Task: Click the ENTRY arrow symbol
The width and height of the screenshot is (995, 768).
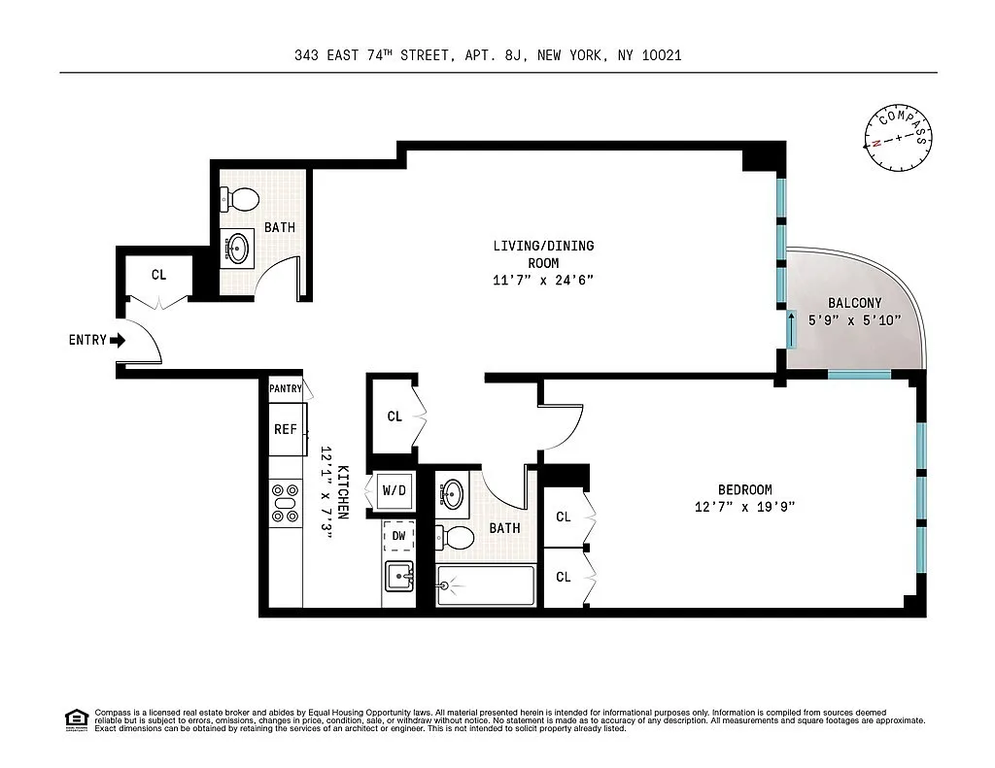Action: point(118,341)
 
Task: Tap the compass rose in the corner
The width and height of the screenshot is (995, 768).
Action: point(898,138)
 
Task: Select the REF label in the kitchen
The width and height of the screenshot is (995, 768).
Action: point(286,429)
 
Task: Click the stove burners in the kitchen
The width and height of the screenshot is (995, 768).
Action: point(285,503)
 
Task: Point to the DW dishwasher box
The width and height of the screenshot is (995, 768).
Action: point(398,536)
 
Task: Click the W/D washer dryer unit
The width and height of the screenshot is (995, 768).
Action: point(395,490)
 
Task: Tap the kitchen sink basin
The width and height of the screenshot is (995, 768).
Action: point(399,576)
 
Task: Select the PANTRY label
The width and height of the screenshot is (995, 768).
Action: point(286,388)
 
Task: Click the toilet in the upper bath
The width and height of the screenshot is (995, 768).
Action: point(240,199)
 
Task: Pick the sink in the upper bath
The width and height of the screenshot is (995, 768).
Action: point(238,248)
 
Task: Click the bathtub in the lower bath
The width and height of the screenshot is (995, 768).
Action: point(486,585)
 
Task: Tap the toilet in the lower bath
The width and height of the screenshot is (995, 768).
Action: point(455,539)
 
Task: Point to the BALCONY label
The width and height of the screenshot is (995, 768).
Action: point(854,303)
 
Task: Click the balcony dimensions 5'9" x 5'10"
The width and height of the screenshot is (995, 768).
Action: point(854,320)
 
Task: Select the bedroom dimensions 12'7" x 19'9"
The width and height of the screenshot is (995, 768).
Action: point(744,507)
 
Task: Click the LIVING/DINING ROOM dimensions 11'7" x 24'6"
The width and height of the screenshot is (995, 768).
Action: point(543,280)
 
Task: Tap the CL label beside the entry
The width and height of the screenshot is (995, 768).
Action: point(158,275)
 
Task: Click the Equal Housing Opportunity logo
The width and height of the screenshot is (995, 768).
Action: point(77,720)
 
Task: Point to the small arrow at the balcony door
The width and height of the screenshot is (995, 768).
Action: point(792,328)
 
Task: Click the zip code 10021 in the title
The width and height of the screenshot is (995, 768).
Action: point(662,55)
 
